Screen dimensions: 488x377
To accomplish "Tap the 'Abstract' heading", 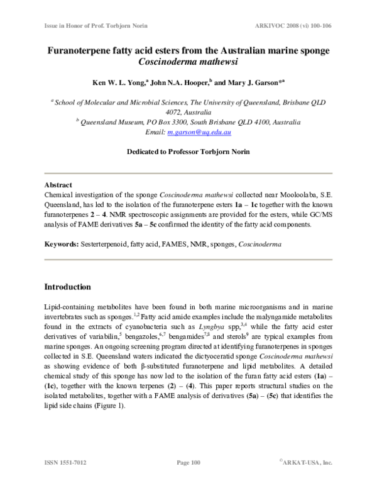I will pos(58,186).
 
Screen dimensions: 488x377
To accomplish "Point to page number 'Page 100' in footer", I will pos(188,463).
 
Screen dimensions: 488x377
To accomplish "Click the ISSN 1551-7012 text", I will pos(65,463).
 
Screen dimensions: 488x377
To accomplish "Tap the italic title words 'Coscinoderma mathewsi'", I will pos(188,62).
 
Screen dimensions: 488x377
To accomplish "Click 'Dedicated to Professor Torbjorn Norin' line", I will pos(188,152).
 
